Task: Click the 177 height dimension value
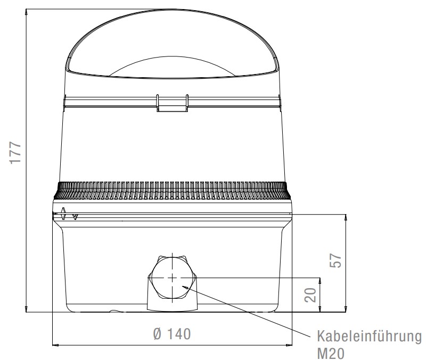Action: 15,153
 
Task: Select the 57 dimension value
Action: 335,260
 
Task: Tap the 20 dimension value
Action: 310,295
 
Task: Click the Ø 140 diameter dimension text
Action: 172,334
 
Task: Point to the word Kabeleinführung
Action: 370,337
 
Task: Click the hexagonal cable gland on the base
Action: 173,277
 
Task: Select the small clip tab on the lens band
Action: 173,103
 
